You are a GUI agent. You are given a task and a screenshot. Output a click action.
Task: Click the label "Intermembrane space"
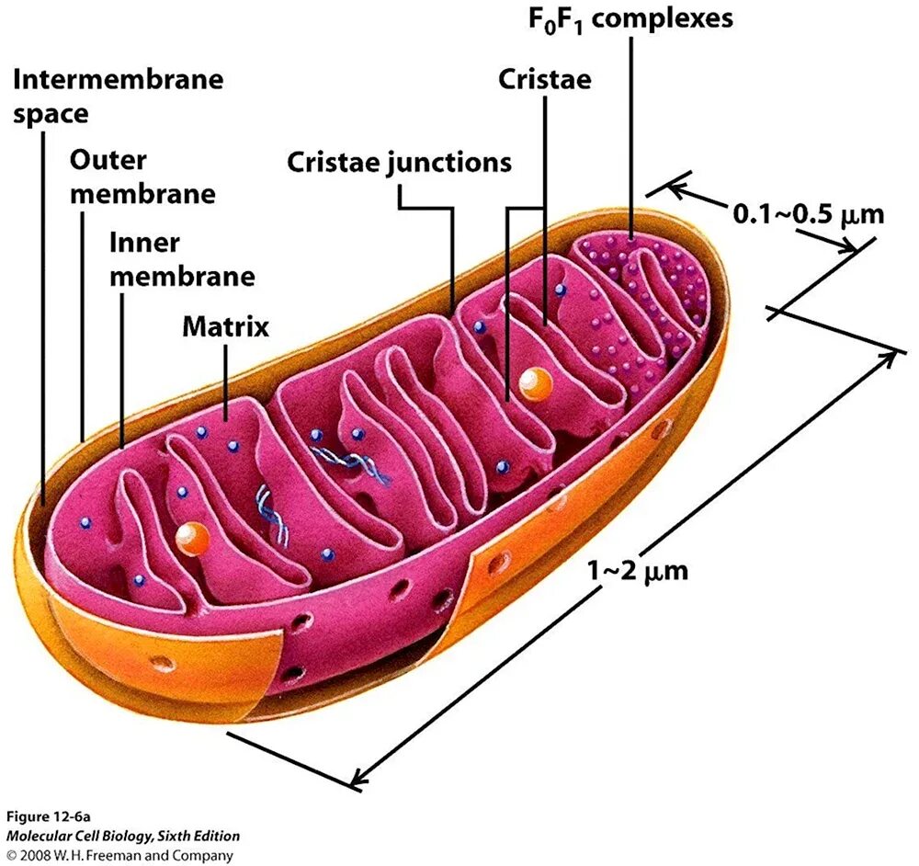pos(118,95)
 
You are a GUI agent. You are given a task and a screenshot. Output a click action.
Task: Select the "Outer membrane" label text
pos(142,177)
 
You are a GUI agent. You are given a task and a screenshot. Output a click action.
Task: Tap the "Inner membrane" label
pos(181,259)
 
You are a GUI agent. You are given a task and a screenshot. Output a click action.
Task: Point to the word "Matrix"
pos(225,325)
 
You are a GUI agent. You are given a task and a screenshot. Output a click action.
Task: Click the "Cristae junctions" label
pos(399,163)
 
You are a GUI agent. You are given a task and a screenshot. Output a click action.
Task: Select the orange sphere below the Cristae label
pos(532,383)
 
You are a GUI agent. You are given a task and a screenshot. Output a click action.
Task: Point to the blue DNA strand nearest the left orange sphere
pos(272,515)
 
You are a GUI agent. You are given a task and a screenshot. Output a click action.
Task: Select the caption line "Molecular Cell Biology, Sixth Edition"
pos(123,836)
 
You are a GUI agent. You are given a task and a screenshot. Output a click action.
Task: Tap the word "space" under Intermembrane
pos(50,114)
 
